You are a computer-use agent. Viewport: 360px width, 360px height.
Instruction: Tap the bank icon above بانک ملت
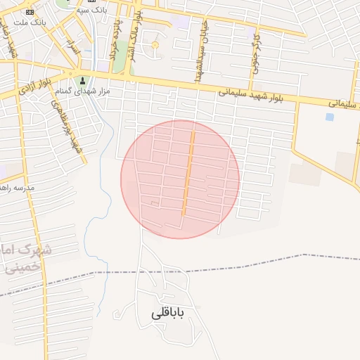[x=30, y=12]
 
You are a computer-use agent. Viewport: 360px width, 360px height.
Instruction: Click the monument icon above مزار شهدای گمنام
[x=83, y=80]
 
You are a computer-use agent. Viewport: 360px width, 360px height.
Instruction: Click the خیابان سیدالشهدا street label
[x=199, y=54]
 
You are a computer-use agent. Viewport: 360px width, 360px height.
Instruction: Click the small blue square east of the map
[x=330, y=117]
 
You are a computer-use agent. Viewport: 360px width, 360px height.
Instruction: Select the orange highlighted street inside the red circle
[x=188, y=172]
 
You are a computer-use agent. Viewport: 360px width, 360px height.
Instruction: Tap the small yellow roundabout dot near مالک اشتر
[x=155, y=46]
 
